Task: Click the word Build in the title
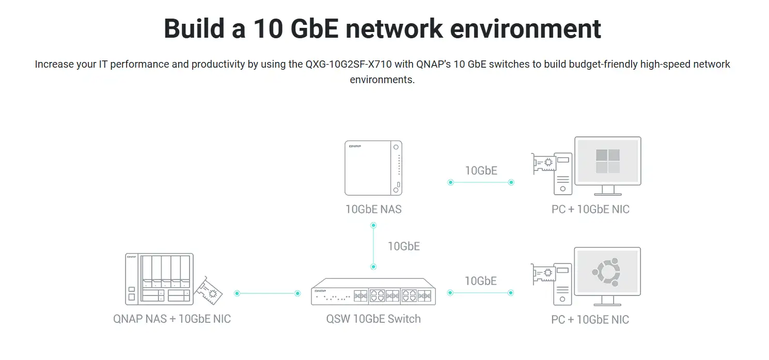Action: click(194, 28)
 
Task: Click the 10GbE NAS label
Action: click(373, 209)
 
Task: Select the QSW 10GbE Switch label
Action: click(373, 319)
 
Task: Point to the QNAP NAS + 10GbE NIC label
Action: click(172, 319)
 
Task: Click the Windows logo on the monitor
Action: click(608, 161)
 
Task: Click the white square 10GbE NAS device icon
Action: click(373, 168)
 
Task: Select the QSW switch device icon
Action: click(373, 291)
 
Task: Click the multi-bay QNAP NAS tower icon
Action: click(159, 279)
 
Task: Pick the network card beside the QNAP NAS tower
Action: click(208, 291)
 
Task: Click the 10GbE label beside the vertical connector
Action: click(404, 246)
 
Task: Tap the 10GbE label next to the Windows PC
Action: click(481, 170)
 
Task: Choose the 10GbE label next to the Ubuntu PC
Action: click(481, 281)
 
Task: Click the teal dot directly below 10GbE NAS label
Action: click(373, 226)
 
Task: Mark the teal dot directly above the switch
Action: click(373, 267)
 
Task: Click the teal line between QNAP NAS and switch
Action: click(268, 293)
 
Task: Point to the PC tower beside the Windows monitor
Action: click(562, 174)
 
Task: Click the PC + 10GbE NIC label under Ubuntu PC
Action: click(590, 320)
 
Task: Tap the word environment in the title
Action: click(525, 28)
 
